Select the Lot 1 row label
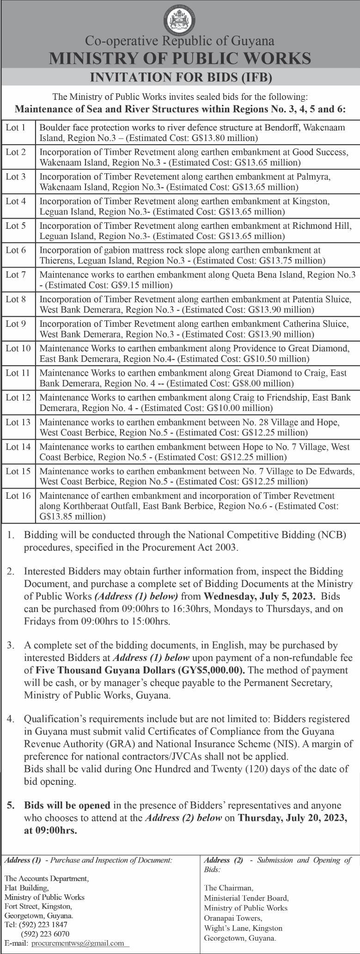[x=15, y=127]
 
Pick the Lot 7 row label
[x=16, y=275]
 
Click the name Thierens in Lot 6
[x=56, y=260]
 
